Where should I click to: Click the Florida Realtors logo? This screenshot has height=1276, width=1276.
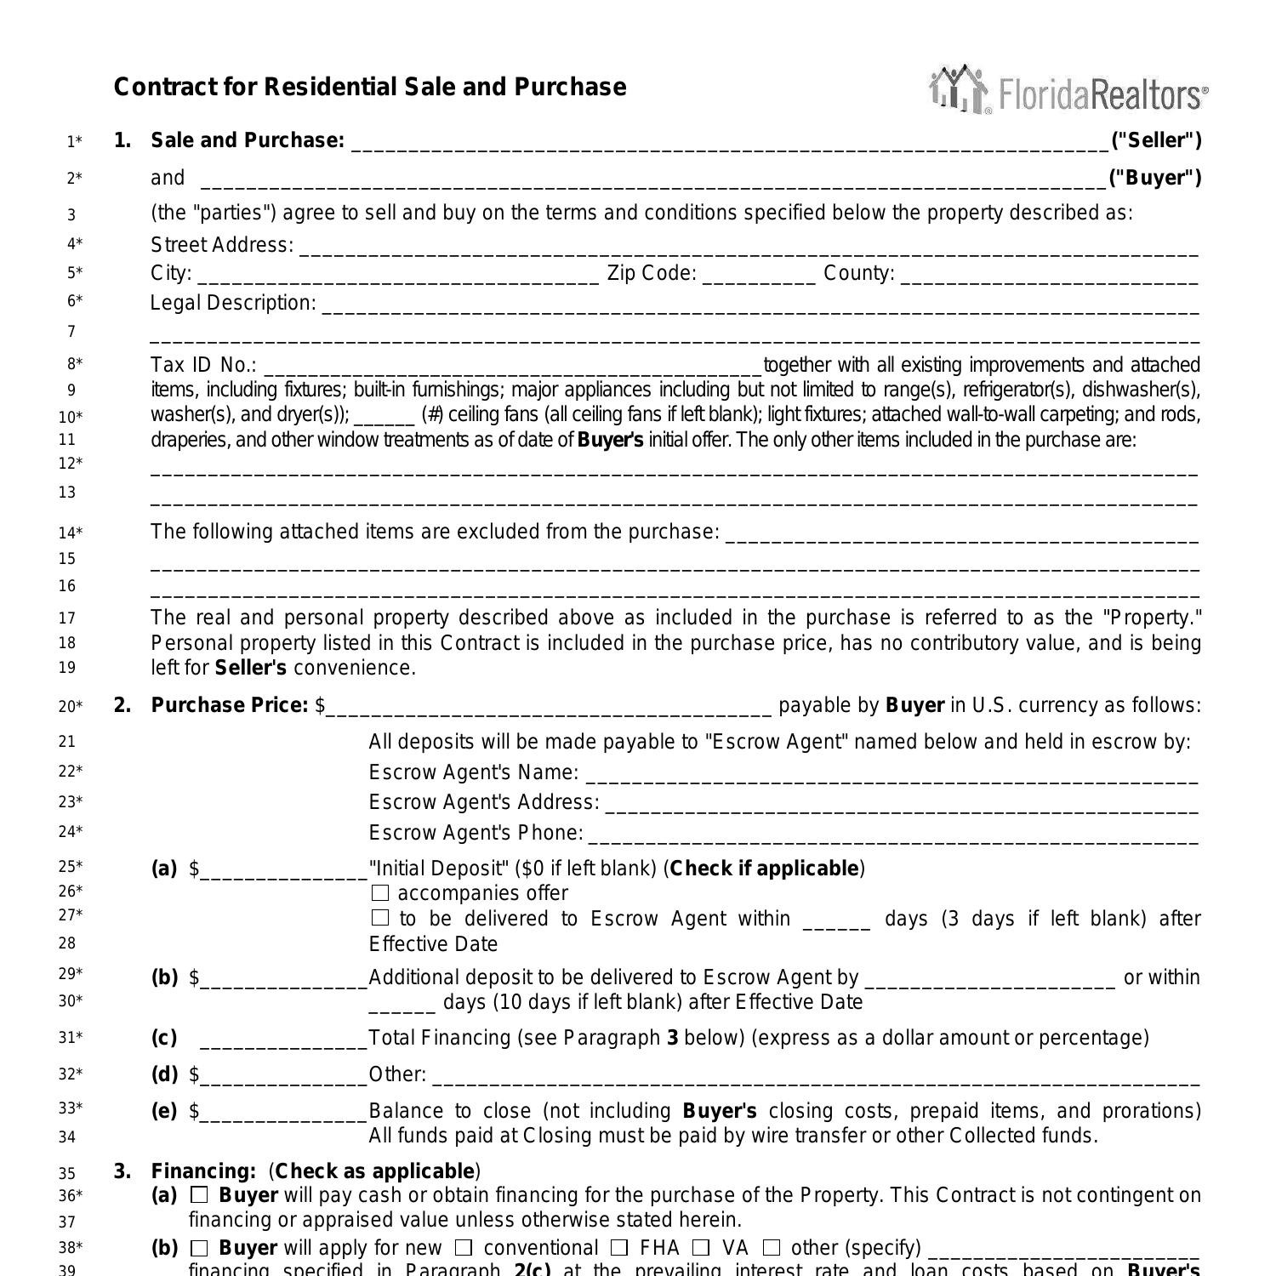click(x=1068, y=89)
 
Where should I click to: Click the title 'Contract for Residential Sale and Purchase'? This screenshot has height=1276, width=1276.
click(x=370, y=88)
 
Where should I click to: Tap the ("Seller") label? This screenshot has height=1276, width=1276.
click(x=1156, y=140)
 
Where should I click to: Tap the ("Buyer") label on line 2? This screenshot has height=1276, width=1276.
click(x=1154, y=178)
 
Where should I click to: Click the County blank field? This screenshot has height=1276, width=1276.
click(x=1049, y=276)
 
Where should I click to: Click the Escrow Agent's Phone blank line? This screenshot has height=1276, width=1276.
click(x=893, y=835)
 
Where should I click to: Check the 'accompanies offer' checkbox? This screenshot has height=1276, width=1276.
click(x=380, y=893)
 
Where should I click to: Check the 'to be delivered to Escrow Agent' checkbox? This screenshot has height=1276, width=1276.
click(x=380, y=918)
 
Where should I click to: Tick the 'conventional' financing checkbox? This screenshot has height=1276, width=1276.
click(x=464, y=1248)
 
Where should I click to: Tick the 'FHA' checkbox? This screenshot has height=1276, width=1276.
click(x=619, y=1248)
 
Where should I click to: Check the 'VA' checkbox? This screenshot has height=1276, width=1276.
click(x=701, y=1248)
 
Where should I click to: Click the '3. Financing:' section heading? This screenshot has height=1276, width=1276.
click(x=203, y=1171)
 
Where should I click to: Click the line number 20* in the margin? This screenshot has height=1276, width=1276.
click(x=71, y=706)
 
